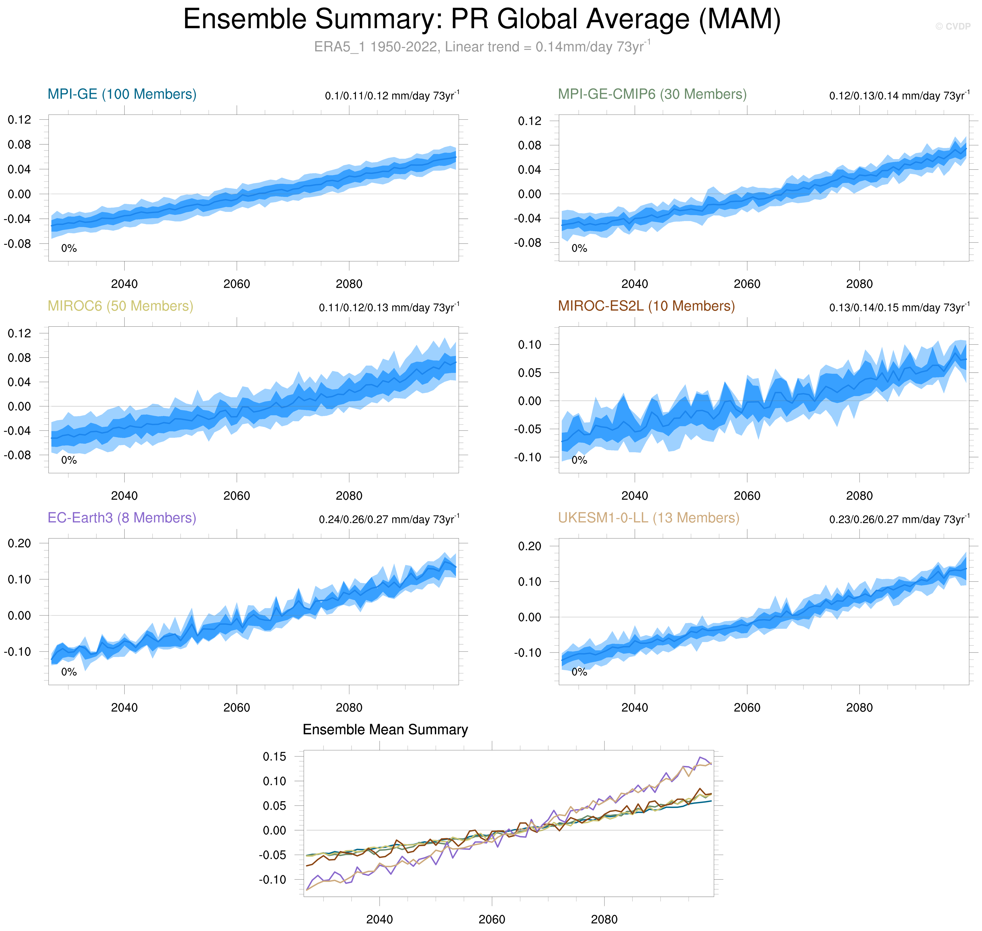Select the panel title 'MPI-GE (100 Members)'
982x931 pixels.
(x=122, y=94)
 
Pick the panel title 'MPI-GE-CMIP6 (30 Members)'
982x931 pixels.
(x=652, y=94)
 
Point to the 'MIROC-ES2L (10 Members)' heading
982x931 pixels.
(x=646, y=306)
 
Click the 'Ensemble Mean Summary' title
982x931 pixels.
(x=385, y=729)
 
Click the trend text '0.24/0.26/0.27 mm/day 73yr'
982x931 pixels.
(x=388, y=520)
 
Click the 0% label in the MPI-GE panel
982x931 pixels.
(x=69, y=249)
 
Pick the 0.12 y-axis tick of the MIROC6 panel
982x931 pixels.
(x=19, y=333)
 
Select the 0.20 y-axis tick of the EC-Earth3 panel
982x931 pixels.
(x=19, y=543)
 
